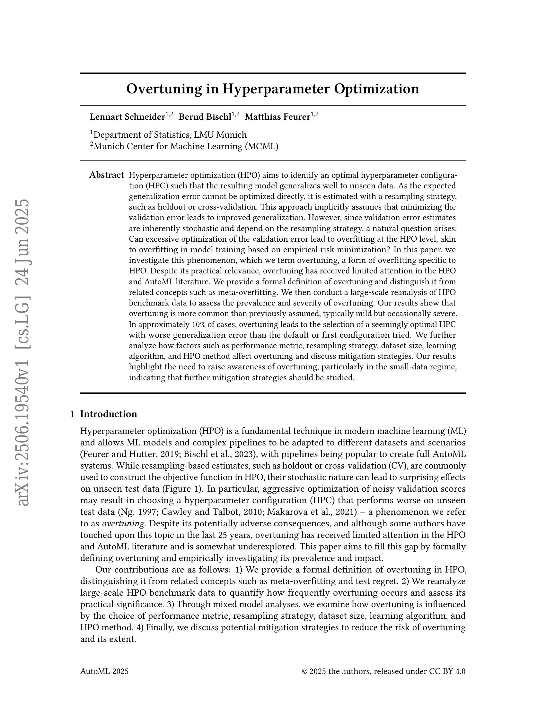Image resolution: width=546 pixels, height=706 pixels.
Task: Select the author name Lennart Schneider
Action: pos(128,117)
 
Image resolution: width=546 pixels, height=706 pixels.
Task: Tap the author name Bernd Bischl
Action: pos(205,117)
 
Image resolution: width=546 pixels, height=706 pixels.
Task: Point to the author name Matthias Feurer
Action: pos(277,117)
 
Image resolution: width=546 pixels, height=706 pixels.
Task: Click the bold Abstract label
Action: pos(106,175)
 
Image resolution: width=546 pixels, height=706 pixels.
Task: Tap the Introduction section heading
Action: pos(108,414)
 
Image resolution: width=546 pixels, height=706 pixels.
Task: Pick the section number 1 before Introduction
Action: pos(73,414)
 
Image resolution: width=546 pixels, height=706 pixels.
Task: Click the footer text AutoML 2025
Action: pos(104,671)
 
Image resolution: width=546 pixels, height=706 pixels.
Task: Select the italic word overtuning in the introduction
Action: pos(123,523)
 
